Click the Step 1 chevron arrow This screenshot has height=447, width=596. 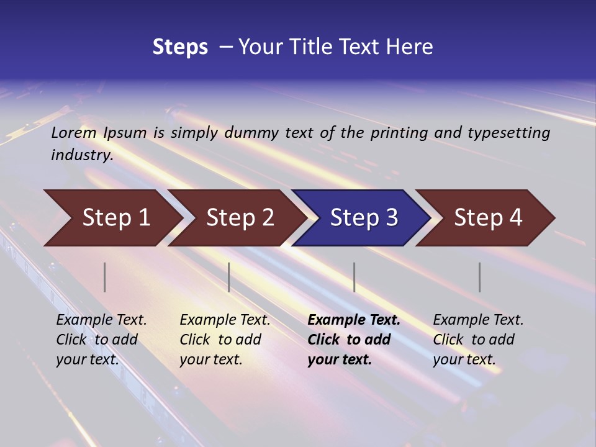115,218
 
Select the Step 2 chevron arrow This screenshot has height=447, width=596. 240,218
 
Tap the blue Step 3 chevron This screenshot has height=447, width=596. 364,218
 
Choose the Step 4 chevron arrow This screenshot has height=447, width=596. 488,218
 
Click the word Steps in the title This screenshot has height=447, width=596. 180,47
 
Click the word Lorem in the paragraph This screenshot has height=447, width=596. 74,133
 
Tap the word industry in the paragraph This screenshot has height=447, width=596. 81,155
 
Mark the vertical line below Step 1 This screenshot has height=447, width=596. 105,277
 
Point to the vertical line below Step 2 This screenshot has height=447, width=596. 229,277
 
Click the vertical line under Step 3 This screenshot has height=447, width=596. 354,277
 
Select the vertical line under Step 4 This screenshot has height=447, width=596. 480,277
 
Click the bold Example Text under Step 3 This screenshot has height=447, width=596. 354,320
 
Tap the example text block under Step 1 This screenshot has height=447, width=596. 101,340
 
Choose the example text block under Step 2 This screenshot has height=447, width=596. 225,340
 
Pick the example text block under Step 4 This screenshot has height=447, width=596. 478,340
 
